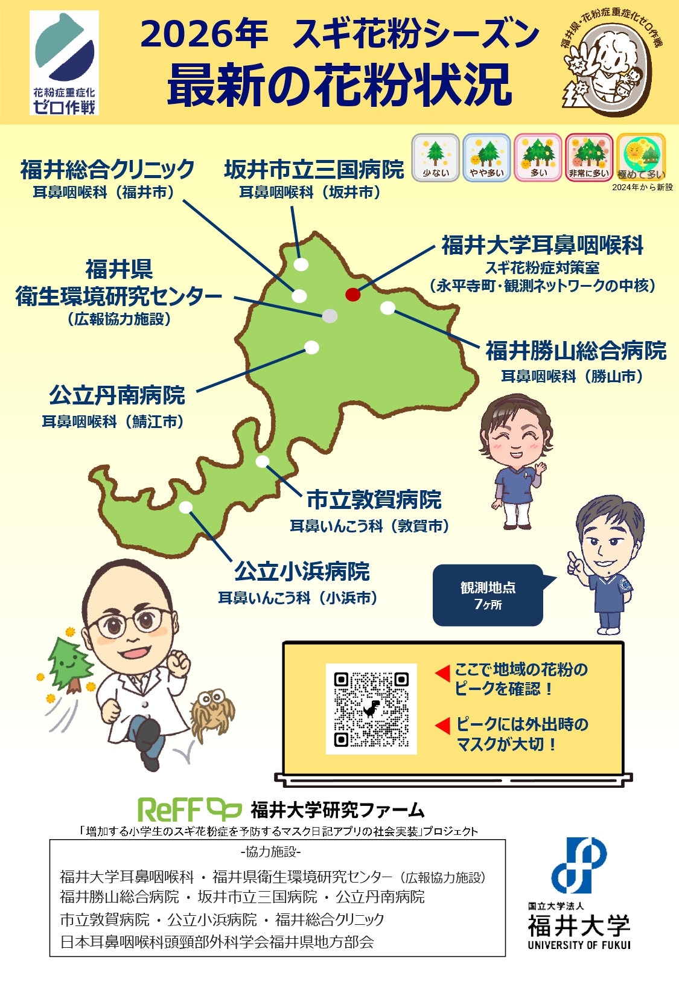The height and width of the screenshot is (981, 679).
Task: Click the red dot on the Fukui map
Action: coord(353,295)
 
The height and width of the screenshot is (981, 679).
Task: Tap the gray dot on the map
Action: coord(330,316)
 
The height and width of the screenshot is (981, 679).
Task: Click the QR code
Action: coord(371,709)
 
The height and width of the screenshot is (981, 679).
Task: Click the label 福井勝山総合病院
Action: coord(576,351)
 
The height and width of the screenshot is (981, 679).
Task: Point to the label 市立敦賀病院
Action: coord(374,500)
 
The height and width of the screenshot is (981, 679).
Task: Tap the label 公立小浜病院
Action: coord(302,571)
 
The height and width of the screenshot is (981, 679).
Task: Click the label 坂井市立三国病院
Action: coord(314,170)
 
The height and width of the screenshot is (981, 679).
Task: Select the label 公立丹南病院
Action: coord(117,395)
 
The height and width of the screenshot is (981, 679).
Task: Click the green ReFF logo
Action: coord(189,810)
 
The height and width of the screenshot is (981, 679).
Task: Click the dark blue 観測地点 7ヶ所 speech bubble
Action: coord(488,595)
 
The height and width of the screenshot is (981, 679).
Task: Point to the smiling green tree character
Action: coord(69,664)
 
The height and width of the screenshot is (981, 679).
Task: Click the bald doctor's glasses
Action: coord(135,621)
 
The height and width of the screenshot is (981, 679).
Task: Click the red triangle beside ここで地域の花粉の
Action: coord(442,672)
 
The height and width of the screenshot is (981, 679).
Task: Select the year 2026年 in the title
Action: coord(204,34)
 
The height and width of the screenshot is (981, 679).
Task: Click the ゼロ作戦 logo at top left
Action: coord(65,63)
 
